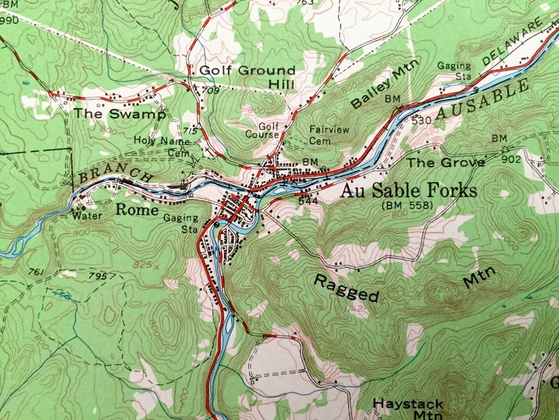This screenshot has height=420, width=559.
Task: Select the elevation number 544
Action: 307,200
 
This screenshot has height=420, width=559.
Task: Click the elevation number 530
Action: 421,120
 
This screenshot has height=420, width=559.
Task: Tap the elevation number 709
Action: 211,91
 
